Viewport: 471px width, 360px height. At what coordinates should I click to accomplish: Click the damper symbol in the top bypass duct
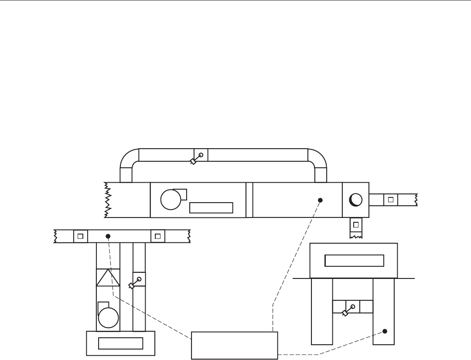[197, 158]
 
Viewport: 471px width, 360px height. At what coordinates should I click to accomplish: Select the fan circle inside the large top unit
[170, 200]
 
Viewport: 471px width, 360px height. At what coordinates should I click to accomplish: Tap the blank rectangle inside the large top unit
[211, 207]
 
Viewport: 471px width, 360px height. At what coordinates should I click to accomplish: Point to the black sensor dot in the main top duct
[320, 200]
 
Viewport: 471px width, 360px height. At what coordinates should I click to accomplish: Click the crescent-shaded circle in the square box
[356, 200]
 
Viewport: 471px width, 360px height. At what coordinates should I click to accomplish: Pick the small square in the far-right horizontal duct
[391, 200]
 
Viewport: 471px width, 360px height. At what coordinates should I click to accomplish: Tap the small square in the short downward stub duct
[356, 225]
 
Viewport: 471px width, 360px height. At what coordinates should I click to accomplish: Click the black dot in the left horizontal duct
[108, 236]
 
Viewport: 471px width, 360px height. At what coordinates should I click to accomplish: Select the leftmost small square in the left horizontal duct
[80, 236]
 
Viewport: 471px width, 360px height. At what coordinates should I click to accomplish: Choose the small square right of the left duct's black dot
[158, 236]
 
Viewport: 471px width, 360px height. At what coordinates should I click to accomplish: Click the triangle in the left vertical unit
[108, 278]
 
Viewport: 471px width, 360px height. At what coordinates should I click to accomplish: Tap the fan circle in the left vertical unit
[108, 317]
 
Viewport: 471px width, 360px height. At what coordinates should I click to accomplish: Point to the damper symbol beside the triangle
[135, 282]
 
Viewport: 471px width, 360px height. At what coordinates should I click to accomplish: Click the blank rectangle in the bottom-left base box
[121, 343]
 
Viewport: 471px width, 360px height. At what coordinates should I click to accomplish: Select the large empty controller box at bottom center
[235, 346]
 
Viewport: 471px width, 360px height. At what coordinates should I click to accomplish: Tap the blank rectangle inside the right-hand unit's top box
[354, 261]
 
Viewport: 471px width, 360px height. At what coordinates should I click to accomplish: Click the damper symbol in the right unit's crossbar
[348, 309]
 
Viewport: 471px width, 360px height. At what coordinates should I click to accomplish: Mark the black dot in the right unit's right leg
[385, 331]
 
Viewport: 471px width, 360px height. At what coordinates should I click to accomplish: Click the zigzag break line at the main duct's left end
[107, 200]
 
